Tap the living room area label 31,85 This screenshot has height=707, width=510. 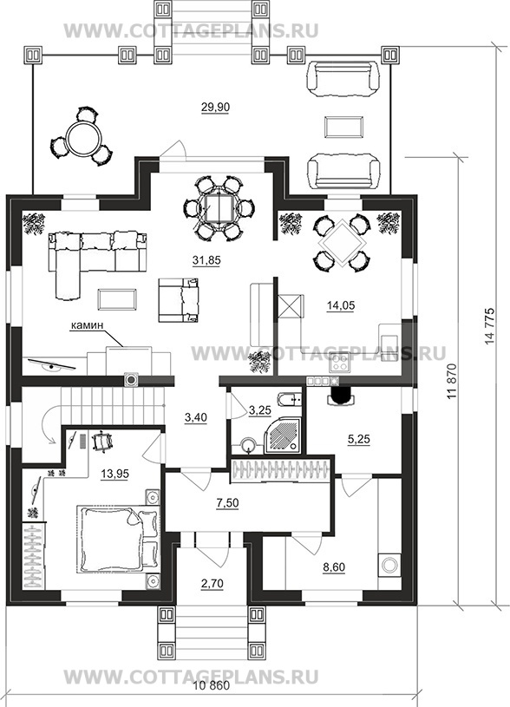tap(207, 260)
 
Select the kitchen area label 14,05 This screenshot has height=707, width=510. tap(341, 305)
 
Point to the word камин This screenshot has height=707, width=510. tap(87, 325)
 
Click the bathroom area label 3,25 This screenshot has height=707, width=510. tap(259, 409)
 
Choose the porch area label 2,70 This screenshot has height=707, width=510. tap(212, 584)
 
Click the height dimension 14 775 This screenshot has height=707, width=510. tap(490, 326)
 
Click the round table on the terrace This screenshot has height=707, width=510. tap(81, 137)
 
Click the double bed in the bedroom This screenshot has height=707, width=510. tap(120, 540)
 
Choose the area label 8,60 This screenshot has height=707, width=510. tap(333, 566)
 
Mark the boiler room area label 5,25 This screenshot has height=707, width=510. tap(359, 440)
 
